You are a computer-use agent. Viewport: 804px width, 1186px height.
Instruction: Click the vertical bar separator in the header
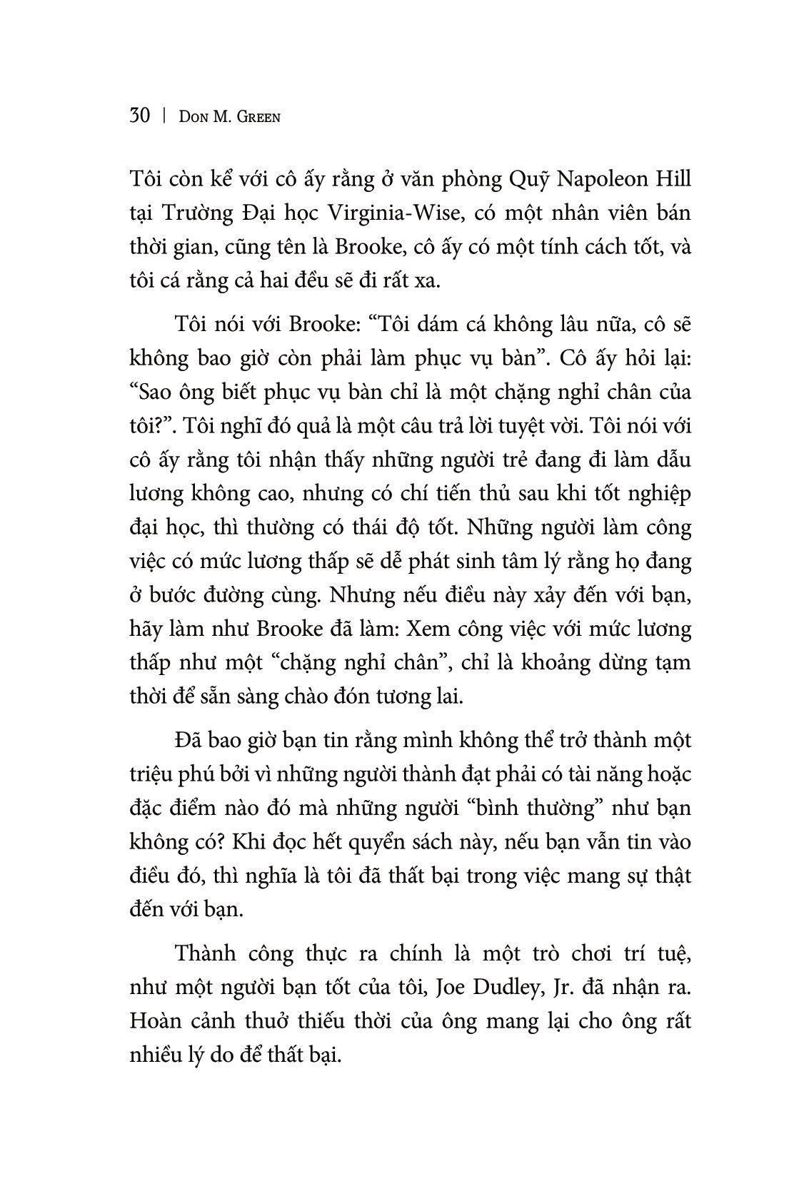(164, 116)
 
